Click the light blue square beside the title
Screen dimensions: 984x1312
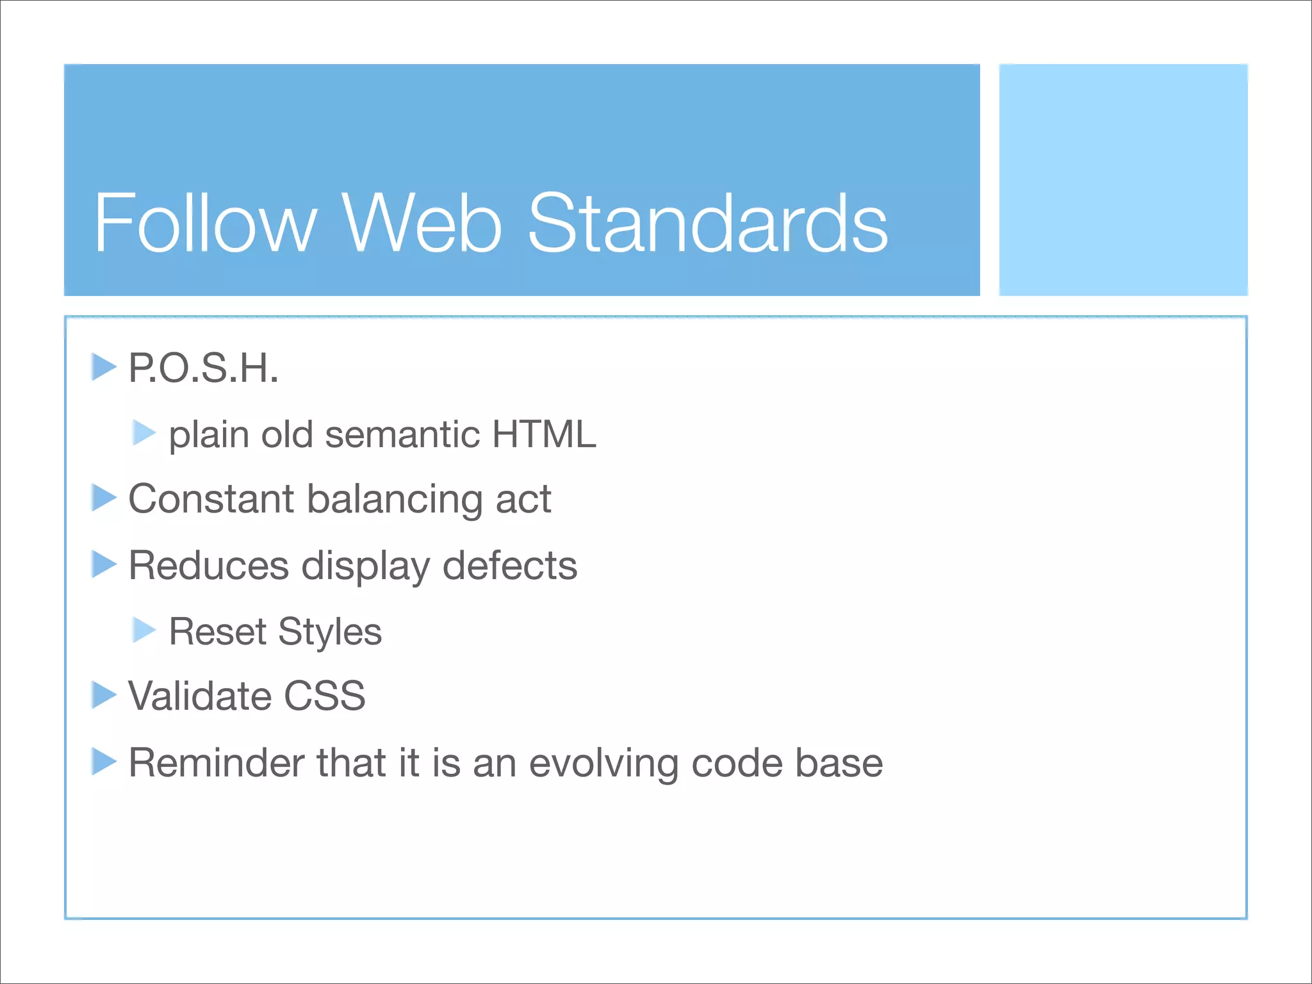pyautogui.click(x=1123, y=179)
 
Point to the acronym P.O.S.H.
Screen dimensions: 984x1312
pyautogui.click(x=204, y=368)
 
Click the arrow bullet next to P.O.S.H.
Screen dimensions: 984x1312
pyautogui.click(x=103, y=367)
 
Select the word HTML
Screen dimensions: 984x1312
pyautogui.click(x=544, y=434)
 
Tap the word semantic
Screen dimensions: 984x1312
pyautogui.click(x=402, y=434)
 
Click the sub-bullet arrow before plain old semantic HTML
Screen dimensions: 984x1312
pyautogui.click(x=144, y=433)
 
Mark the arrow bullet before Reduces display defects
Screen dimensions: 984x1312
pyautogui.click(x=103, y=564)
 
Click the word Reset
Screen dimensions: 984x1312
pyautogui.click(x=217, y=632)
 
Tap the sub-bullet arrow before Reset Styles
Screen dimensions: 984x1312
pyautogui.click(x=144, y=630)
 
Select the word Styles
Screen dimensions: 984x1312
pyautogui.click(x=330, y=633)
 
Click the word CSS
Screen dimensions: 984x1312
pyautogui.click(x=324, y=696)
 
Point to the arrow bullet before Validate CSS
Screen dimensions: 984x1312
pyautogui.click(x=103, y=695)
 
